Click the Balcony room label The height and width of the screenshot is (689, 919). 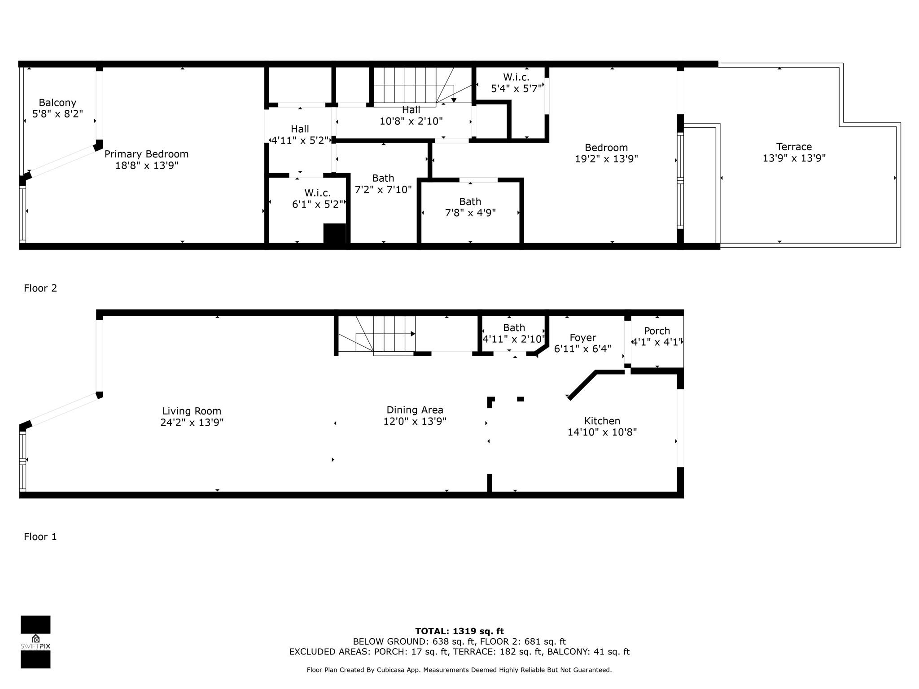(57, 103)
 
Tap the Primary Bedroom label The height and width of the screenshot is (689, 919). (147, 154)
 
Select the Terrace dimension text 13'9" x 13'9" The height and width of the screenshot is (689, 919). (794, 158)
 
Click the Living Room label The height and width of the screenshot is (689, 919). (192, 411)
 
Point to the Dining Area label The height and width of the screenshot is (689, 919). (415, 410)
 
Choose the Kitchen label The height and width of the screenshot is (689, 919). (602, 421)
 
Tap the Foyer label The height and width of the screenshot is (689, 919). (583, 338)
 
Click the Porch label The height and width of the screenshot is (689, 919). (657, 331)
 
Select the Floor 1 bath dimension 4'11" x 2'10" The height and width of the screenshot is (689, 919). (514, 339)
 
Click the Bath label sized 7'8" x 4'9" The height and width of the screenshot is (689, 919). (470, 201)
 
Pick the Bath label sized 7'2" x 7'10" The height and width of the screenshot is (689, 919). (383, 178)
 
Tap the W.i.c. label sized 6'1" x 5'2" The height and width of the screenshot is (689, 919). (318, 193)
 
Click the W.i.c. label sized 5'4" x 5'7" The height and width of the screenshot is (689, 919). (516, 77)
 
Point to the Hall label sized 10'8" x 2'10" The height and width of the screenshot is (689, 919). (411, 110)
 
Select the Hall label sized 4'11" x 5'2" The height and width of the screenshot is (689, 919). (300, 129)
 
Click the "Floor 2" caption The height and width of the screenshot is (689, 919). (40, 288)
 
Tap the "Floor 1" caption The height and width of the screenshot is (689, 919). (40, 537)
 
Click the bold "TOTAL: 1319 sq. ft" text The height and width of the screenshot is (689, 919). (459, 632)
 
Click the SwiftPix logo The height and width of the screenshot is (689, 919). (35, 642)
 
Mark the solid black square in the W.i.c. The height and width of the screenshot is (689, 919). (335, 234)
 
